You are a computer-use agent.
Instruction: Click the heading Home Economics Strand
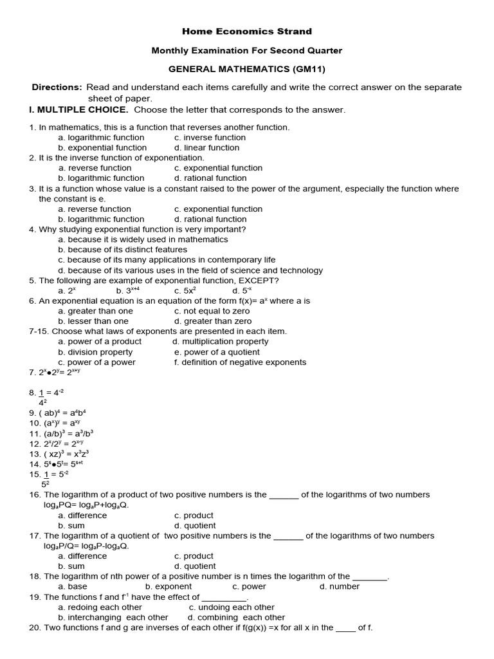(247, 31)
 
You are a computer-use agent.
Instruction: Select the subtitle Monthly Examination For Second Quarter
(247, 50)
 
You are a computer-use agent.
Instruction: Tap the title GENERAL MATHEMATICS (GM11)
(247, 69)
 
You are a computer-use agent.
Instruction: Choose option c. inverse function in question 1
(210, 137)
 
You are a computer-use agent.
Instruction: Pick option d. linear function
(206, 147)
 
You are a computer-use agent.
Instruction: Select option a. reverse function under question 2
(95, 168)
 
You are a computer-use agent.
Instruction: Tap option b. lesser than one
(93, 321)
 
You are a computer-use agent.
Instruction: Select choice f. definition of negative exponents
(239, 362)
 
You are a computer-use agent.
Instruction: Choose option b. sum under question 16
(71, 526)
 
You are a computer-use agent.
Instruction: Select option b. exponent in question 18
(168, 586)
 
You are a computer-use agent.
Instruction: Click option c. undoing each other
(232, 607)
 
